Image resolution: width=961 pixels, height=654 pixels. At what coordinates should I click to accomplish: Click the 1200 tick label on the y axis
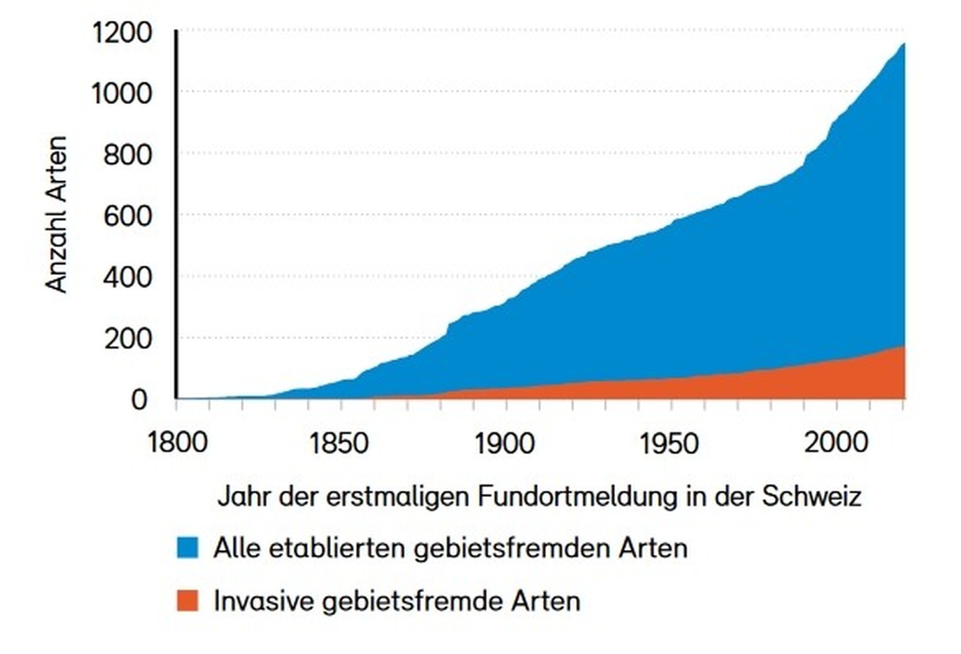point(121,33)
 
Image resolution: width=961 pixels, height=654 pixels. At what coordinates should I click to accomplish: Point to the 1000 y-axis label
point(121,94)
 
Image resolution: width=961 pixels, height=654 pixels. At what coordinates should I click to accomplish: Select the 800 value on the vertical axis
point(128,155)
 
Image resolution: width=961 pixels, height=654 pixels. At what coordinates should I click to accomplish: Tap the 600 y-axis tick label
point(128,216)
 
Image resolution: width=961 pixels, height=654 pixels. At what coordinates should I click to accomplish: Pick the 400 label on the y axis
point(128,277)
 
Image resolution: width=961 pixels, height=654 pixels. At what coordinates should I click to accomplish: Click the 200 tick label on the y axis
point(128,339)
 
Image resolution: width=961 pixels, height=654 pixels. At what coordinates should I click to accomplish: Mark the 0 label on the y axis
point(139,399)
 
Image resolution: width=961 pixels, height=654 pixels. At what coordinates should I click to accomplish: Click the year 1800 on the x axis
point(177,443)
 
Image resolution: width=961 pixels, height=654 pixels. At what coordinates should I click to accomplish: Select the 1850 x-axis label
point(339,443)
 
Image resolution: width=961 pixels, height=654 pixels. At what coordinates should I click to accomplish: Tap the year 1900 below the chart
point(504,443)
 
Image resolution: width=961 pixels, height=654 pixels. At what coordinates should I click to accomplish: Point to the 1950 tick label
point(669,443)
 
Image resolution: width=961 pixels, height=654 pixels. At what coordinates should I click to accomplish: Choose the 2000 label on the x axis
point(836,443)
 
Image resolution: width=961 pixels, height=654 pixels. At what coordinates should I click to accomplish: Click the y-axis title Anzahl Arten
point(57,215)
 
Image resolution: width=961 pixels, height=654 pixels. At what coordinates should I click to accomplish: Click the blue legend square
point(187,547)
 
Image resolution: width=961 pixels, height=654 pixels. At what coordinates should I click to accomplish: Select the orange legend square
point(187,600)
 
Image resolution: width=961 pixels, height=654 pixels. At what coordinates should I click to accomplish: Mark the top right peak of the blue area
point(903,44)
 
